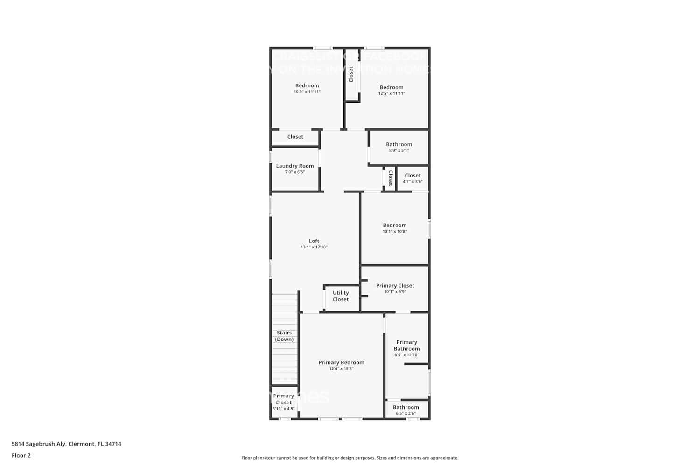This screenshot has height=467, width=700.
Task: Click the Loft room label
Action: click(x=314, y=241)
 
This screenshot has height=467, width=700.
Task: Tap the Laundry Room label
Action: click(x=294, y=166)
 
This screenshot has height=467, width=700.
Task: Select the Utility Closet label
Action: click(x=341, y=296)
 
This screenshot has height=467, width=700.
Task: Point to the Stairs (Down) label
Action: click(x=284, y=336)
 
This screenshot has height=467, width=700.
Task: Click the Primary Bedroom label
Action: click(x=341, y=362)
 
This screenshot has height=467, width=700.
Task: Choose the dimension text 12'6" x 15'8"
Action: click(x=341, y=369)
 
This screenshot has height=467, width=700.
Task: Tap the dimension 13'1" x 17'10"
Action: click(x=314, y=247)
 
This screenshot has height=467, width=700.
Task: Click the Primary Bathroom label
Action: click(x=406, y=345)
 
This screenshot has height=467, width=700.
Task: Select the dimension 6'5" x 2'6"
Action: click(x=406, y=413)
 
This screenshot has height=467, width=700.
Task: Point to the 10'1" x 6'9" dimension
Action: click(x=395, y=292)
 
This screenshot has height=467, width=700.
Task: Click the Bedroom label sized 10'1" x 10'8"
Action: click(x=394, y=225)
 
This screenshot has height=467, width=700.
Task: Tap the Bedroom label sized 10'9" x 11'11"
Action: click(x=307, y=85)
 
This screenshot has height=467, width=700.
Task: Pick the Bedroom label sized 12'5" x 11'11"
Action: click(x=391, y=87)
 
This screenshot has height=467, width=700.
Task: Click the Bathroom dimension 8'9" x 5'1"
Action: click(x=399, y=150)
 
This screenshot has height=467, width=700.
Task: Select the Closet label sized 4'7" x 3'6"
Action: click(x=413, y=176)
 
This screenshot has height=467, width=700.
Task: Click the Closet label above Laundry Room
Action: click(x=295, y=137)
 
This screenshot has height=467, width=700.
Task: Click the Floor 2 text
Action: click(x=21, y=455)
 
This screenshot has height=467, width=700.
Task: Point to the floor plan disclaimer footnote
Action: click(x=350, y=458)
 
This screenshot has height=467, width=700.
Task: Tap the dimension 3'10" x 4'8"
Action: click(x=283, y=409)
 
